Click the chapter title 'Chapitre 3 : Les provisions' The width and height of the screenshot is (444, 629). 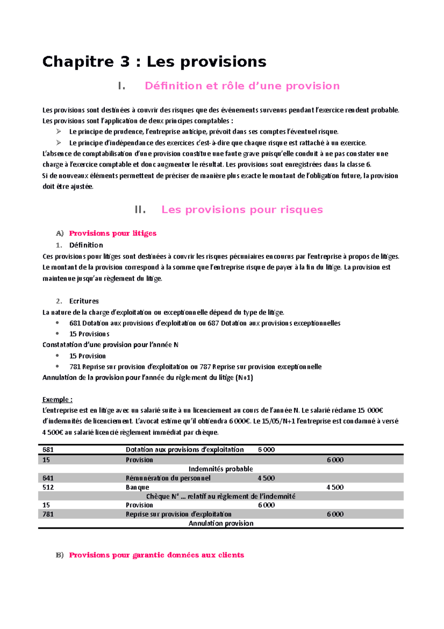point(154,61)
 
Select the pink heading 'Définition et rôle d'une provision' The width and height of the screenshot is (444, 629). point(242,86)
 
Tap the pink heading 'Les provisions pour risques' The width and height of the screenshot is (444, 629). point(242,210)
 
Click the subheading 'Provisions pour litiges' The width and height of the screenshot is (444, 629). point(112,233)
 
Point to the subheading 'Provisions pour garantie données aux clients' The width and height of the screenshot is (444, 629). point(156,555)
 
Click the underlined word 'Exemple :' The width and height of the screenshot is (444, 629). point(57,399)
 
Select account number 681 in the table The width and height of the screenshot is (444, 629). point(48,449)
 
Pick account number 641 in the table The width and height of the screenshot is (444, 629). point(48,478)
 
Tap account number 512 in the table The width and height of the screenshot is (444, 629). point(48,487)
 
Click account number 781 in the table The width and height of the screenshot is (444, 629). point(48,514)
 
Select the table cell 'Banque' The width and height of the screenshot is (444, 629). point(137,487)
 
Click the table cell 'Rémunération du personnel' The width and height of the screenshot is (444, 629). point(168,478)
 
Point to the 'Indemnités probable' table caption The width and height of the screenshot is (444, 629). point(221,469)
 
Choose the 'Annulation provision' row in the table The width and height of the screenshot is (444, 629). point(221,523)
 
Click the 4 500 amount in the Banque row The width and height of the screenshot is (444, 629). point(335,487)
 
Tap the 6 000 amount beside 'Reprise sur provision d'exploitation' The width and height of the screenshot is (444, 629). point(335,514)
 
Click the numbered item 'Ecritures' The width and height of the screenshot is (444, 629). point(84,301)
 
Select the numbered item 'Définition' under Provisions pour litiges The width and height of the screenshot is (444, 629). point(86,245)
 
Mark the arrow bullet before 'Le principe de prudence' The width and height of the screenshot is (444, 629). point(58,132)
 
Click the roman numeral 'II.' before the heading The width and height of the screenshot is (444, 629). point(140,210)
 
